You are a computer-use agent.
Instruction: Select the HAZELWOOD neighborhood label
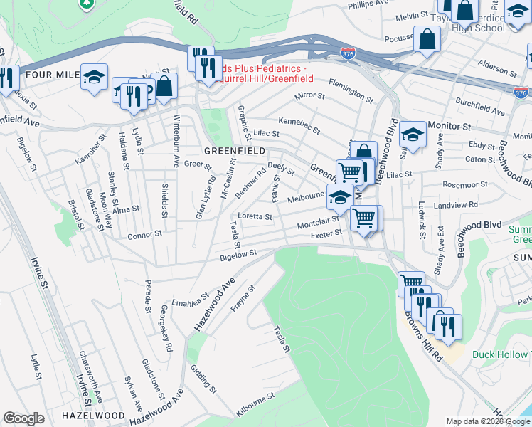point(94,414)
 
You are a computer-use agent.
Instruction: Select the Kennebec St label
point(299,125)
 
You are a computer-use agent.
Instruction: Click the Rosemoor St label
point(465,184)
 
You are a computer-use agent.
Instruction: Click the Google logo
point(23,418)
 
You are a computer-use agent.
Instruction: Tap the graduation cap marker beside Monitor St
point(413,133)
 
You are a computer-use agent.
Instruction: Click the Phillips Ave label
point(368,5)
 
